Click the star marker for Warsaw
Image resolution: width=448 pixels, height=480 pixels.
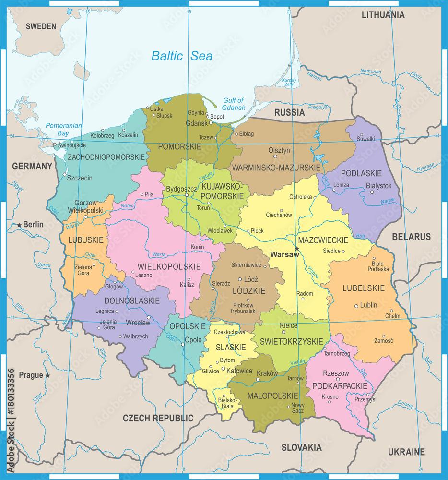coord(297,248)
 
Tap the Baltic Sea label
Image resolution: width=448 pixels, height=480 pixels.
coord(182,56)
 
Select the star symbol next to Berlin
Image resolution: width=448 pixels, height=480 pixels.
coord(19,225)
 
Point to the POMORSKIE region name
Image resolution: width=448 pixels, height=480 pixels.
coord(180,147)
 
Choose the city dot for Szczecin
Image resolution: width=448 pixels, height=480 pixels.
coord(64,175)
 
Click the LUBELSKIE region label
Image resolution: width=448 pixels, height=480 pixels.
coord(363,288)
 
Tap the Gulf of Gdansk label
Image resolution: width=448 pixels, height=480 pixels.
coord(233,104)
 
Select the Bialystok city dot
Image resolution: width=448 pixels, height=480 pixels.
coord(372,192)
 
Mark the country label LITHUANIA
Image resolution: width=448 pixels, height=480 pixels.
coord(383,15)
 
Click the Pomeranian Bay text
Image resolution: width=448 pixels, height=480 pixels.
coord(63,130)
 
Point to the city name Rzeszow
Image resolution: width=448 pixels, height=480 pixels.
coord(336,373)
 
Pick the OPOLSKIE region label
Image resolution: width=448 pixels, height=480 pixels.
coord(187,326)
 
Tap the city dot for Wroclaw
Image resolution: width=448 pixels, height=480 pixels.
coord(149,317)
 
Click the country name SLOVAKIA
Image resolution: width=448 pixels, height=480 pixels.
coord(301,447)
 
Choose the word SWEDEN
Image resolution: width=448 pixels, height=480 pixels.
coord(41,26)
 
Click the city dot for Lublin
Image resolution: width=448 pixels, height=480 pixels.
coord(356,306)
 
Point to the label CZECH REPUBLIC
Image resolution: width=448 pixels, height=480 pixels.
coord(158,418)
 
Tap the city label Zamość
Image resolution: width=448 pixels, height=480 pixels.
coord(383,341)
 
